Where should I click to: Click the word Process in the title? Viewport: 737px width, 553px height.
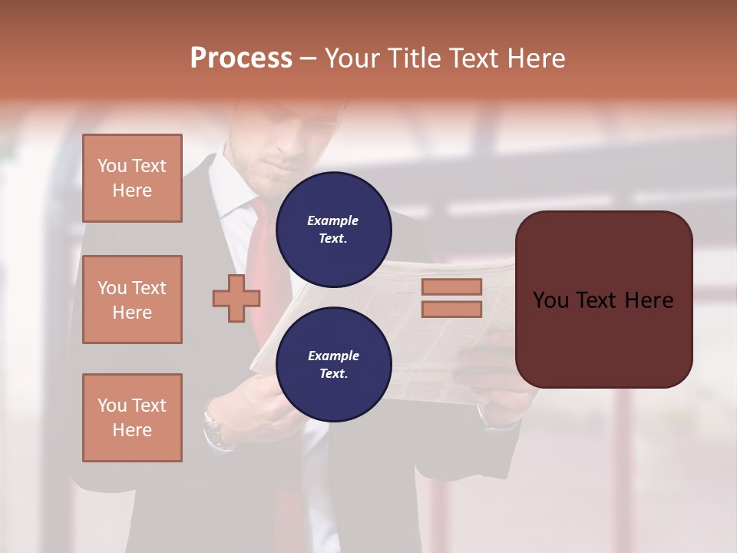click(x=241, y=58)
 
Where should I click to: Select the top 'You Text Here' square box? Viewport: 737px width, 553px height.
click(x=132, y=178)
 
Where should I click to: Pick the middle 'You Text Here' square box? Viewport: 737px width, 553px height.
click(x=132, y=300)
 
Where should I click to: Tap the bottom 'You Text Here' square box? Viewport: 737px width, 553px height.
click(x=132, y=418)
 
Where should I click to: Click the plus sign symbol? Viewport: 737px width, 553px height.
click(x=236, y=299)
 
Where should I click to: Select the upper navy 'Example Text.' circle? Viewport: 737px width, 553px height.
click(x=333, y=230)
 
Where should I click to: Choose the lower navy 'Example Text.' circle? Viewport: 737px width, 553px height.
click(x=333, y=365)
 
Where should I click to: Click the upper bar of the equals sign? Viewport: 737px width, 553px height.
click(x=452, y=286)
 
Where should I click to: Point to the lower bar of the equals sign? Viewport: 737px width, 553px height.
click(x=452, y=310)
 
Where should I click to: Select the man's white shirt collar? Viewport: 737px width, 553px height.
click(x=234, y=192)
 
